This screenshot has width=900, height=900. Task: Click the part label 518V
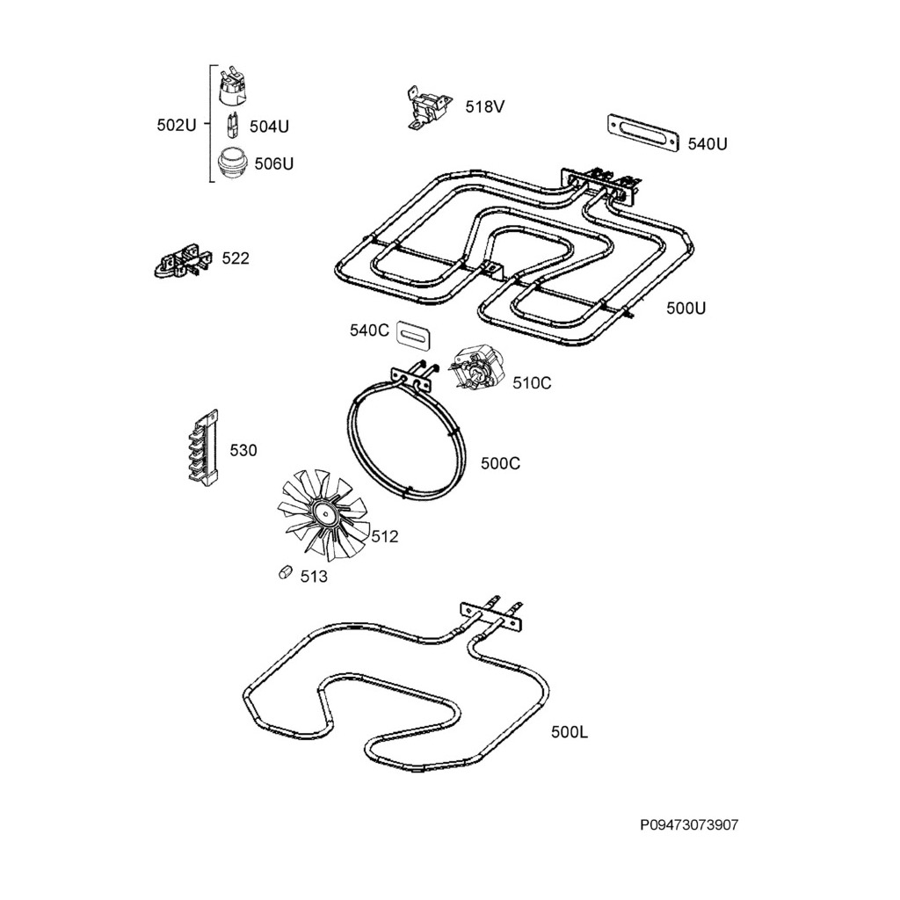[485, 107]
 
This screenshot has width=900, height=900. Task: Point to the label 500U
[686, 308]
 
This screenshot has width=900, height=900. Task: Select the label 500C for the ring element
[500, 463]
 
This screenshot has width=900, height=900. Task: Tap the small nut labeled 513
[284, 572]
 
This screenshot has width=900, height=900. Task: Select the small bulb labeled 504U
[233, 126]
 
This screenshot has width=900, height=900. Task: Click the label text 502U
[177, 125]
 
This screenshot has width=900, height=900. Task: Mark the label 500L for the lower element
[570, 731]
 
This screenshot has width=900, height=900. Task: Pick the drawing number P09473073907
[688, 825]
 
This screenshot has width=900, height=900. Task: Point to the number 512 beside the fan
[384, 536]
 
